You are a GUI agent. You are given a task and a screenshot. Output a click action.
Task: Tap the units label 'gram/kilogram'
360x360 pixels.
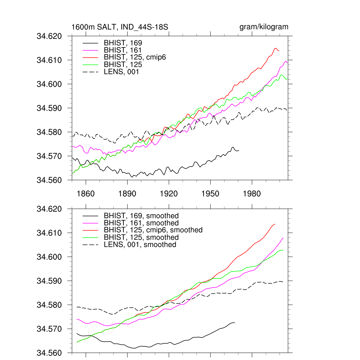click(x=264, y=27)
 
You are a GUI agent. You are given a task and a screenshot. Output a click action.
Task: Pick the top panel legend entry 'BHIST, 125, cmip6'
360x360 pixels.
click(x=135, y=57)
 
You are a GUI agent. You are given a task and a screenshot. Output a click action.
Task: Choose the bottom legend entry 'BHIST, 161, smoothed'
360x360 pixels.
click(x=141, y=223)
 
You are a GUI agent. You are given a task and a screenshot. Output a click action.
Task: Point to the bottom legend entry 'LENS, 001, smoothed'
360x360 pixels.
click(x=140, y=244)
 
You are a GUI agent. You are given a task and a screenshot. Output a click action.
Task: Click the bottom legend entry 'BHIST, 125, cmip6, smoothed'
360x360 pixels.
click(x=153, y=230)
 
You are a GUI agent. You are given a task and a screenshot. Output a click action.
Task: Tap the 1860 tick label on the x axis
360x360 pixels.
click(x=85, y=194)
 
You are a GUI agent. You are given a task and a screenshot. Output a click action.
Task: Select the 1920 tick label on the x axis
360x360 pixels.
click(x=168, y=194)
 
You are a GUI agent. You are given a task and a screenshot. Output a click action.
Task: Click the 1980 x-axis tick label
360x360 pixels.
click(x=251, y=194)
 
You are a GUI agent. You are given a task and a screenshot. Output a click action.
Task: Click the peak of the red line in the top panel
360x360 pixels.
click(x=276, y=48)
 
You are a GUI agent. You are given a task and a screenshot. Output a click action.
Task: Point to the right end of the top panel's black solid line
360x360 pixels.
click(x=239, y=150)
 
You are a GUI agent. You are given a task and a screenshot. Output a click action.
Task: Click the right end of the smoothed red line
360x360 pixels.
click(x=275, y=224)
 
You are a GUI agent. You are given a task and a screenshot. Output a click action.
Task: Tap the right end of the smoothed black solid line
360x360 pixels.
click(x=234, y=322)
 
